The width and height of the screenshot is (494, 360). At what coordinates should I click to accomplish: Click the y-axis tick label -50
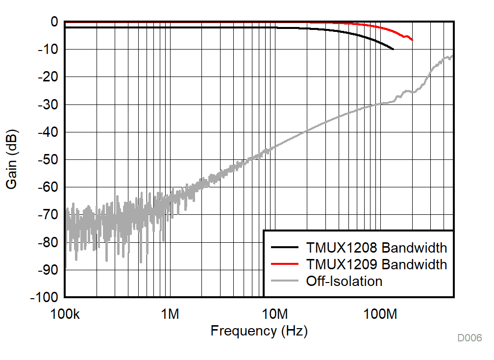pos(47,160)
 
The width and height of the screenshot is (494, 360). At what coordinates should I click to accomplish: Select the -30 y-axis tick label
pos(47,105)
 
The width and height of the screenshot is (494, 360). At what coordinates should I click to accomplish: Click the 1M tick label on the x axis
pos(170,313)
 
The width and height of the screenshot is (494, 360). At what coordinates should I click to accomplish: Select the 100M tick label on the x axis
pos(380,313)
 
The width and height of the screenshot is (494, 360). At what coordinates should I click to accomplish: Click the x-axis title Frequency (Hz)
pos(259,331)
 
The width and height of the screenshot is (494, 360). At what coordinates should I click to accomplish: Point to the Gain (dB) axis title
pos(12,159)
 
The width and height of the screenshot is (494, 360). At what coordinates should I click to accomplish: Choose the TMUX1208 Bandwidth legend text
pos(376,247)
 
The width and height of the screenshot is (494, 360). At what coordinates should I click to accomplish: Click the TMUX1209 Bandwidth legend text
pos(376,264)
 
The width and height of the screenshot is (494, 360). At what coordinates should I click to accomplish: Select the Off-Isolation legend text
pos(344,281)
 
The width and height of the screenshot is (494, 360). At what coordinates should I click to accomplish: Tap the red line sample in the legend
pos(284,264)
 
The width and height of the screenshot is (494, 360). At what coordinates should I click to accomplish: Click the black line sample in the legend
pos(284,247)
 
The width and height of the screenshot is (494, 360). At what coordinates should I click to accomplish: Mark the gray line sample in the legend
pos(284,281)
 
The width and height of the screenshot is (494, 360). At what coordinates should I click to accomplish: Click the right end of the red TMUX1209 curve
pos(412,40)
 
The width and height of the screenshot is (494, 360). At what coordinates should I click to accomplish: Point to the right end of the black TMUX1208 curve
pos(393,49)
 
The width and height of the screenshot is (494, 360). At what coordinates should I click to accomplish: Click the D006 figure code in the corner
pos(469,338)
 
